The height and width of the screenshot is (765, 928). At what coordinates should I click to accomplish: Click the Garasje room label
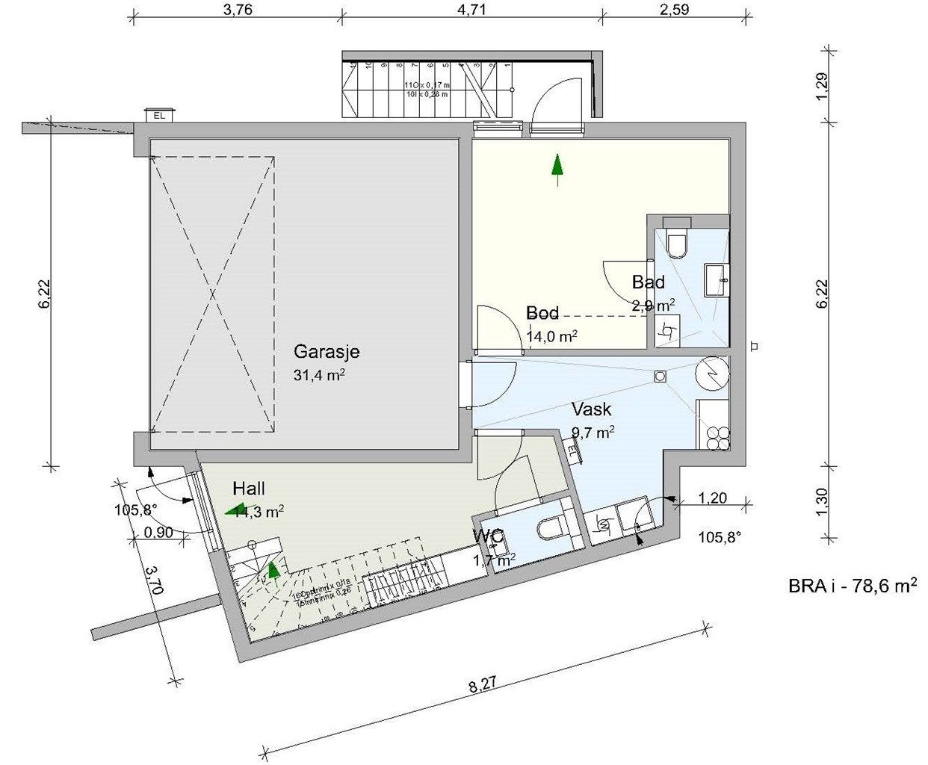(327, 351)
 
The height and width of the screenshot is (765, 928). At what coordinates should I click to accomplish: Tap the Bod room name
(542, 313)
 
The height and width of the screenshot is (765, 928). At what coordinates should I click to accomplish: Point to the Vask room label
(591, 409)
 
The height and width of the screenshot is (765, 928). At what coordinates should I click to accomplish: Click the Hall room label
(249, 489)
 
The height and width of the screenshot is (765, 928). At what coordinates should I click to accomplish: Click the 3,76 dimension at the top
(238, 10)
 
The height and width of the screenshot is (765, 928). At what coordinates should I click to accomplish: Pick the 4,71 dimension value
(471, 10)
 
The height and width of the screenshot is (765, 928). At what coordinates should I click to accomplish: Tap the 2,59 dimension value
(673, 10)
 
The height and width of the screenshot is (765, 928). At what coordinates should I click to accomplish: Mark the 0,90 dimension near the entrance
(158, 533)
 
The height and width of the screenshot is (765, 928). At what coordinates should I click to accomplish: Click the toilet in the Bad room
(677, 243)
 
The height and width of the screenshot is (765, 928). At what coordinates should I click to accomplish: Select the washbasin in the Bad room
(716, 280)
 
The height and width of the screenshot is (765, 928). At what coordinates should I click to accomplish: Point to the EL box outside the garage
(159, 115)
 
